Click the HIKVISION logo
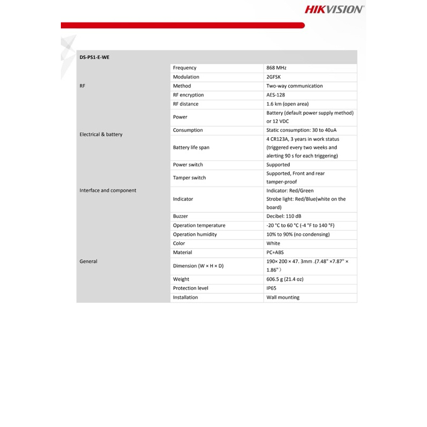(334, 9)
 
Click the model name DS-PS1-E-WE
(94, 57)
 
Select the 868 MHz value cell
(276, 68)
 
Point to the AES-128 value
(276, 95)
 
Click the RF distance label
(185, 104)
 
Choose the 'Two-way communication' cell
(294, 86)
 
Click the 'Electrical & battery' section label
(101, 135)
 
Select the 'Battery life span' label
(191, 147)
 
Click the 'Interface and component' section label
(108, 191)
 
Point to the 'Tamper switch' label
(189, 178)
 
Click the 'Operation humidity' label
(195, 234)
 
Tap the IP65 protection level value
(272, 288)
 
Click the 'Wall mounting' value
(283, 297)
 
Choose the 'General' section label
(89, 262)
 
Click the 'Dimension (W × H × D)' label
(199, 266)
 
